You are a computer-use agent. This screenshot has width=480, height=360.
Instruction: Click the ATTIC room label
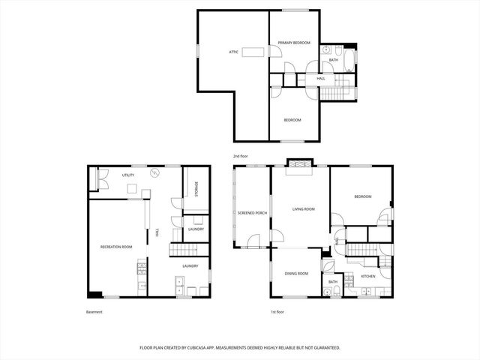[234, 52]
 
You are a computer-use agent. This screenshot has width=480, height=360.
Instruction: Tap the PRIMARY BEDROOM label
[294, 43]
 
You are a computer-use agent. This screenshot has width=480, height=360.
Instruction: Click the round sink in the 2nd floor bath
[327, 50]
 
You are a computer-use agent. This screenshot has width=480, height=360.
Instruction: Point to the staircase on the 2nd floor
[338, 92]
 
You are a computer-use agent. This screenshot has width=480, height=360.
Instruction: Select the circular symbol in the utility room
[155, 173]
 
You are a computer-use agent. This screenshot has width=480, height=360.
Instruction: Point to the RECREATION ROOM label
[116, 247]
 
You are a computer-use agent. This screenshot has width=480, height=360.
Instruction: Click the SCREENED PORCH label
[251, 213]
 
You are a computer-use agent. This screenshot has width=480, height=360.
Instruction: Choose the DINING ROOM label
[296, 274]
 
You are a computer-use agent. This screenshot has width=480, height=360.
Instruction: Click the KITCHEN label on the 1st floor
[368, 277]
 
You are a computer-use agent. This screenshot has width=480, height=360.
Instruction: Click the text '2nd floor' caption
[240, 156]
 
